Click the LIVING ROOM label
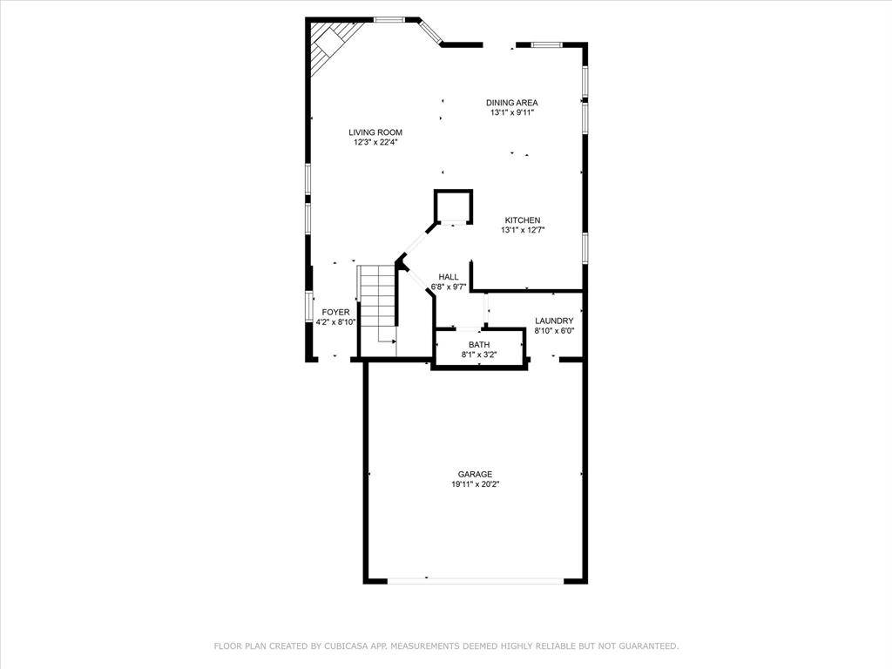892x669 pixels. point(375,132)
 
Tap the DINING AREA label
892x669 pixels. point(511,103)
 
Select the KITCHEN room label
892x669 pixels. point(523,220)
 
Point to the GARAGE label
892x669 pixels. point(475,475)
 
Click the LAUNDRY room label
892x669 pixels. point(554,321)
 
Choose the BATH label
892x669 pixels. point(479,345)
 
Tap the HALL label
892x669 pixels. point(449,277)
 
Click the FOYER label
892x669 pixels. point(335,313)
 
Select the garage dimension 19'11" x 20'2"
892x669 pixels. point(475,484)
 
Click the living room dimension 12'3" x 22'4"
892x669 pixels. point(375,143)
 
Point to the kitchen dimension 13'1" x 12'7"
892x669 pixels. point(523,231)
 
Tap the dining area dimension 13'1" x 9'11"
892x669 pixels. point(511,113)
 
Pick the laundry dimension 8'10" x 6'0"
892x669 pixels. point(554,331)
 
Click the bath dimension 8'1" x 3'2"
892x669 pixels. point(479,355)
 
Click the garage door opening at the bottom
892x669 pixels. point(476,581)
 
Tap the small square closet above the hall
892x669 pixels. point(453,207)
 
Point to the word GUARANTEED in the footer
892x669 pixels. point(648,646)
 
